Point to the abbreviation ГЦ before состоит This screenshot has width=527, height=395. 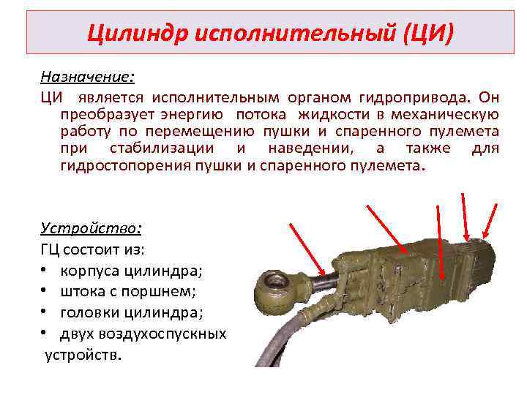51,250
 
